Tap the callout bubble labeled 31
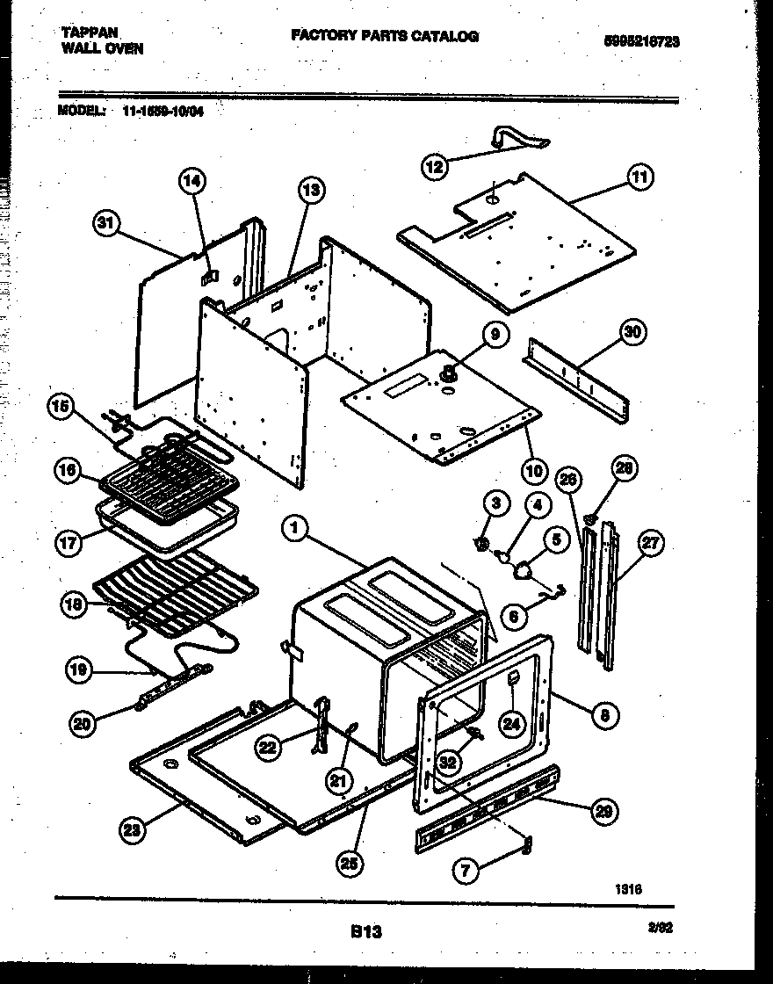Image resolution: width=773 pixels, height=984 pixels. coord(105,225)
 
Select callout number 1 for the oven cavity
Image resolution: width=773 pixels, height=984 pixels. coord(296,528)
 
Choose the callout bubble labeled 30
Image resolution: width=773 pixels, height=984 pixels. coord(632,332)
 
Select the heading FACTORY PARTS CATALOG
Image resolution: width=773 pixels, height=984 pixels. coord(384,36)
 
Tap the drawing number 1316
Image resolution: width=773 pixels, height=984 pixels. coord(629,889)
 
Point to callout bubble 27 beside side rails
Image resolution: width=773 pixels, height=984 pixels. coord(649,543)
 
